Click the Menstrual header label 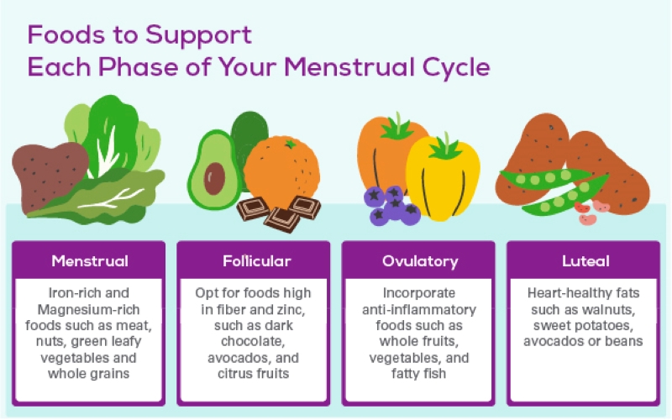click(90, 261)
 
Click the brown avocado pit click(215, 175)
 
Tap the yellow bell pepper click(443, 179)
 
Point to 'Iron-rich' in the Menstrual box click(65, 294)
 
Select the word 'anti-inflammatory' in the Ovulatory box click(420, 310)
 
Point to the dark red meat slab click(49, 174)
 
